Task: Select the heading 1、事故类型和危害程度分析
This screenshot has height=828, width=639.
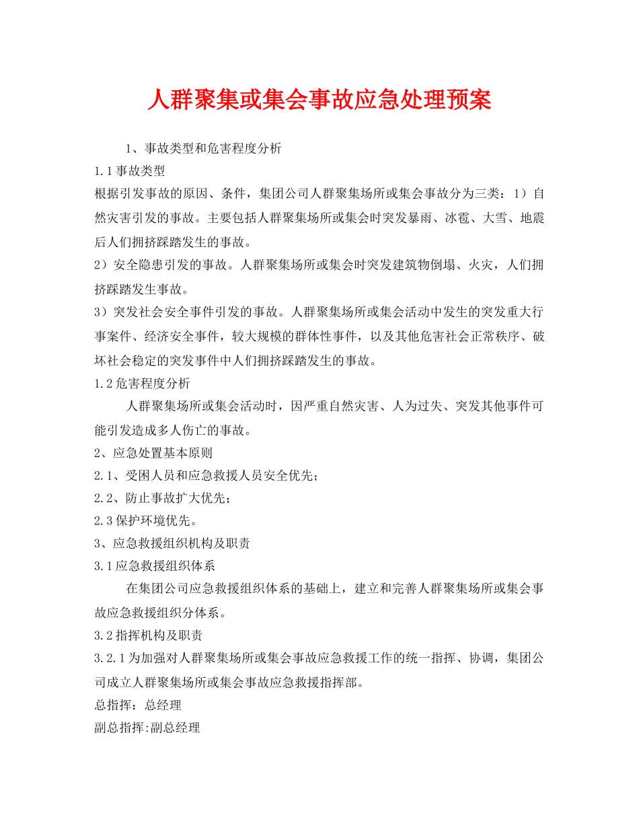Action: (204, 149)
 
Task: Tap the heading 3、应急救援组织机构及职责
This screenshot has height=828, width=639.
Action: (173, 543)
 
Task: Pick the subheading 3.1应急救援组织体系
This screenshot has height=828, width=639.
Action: (155, 565)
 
